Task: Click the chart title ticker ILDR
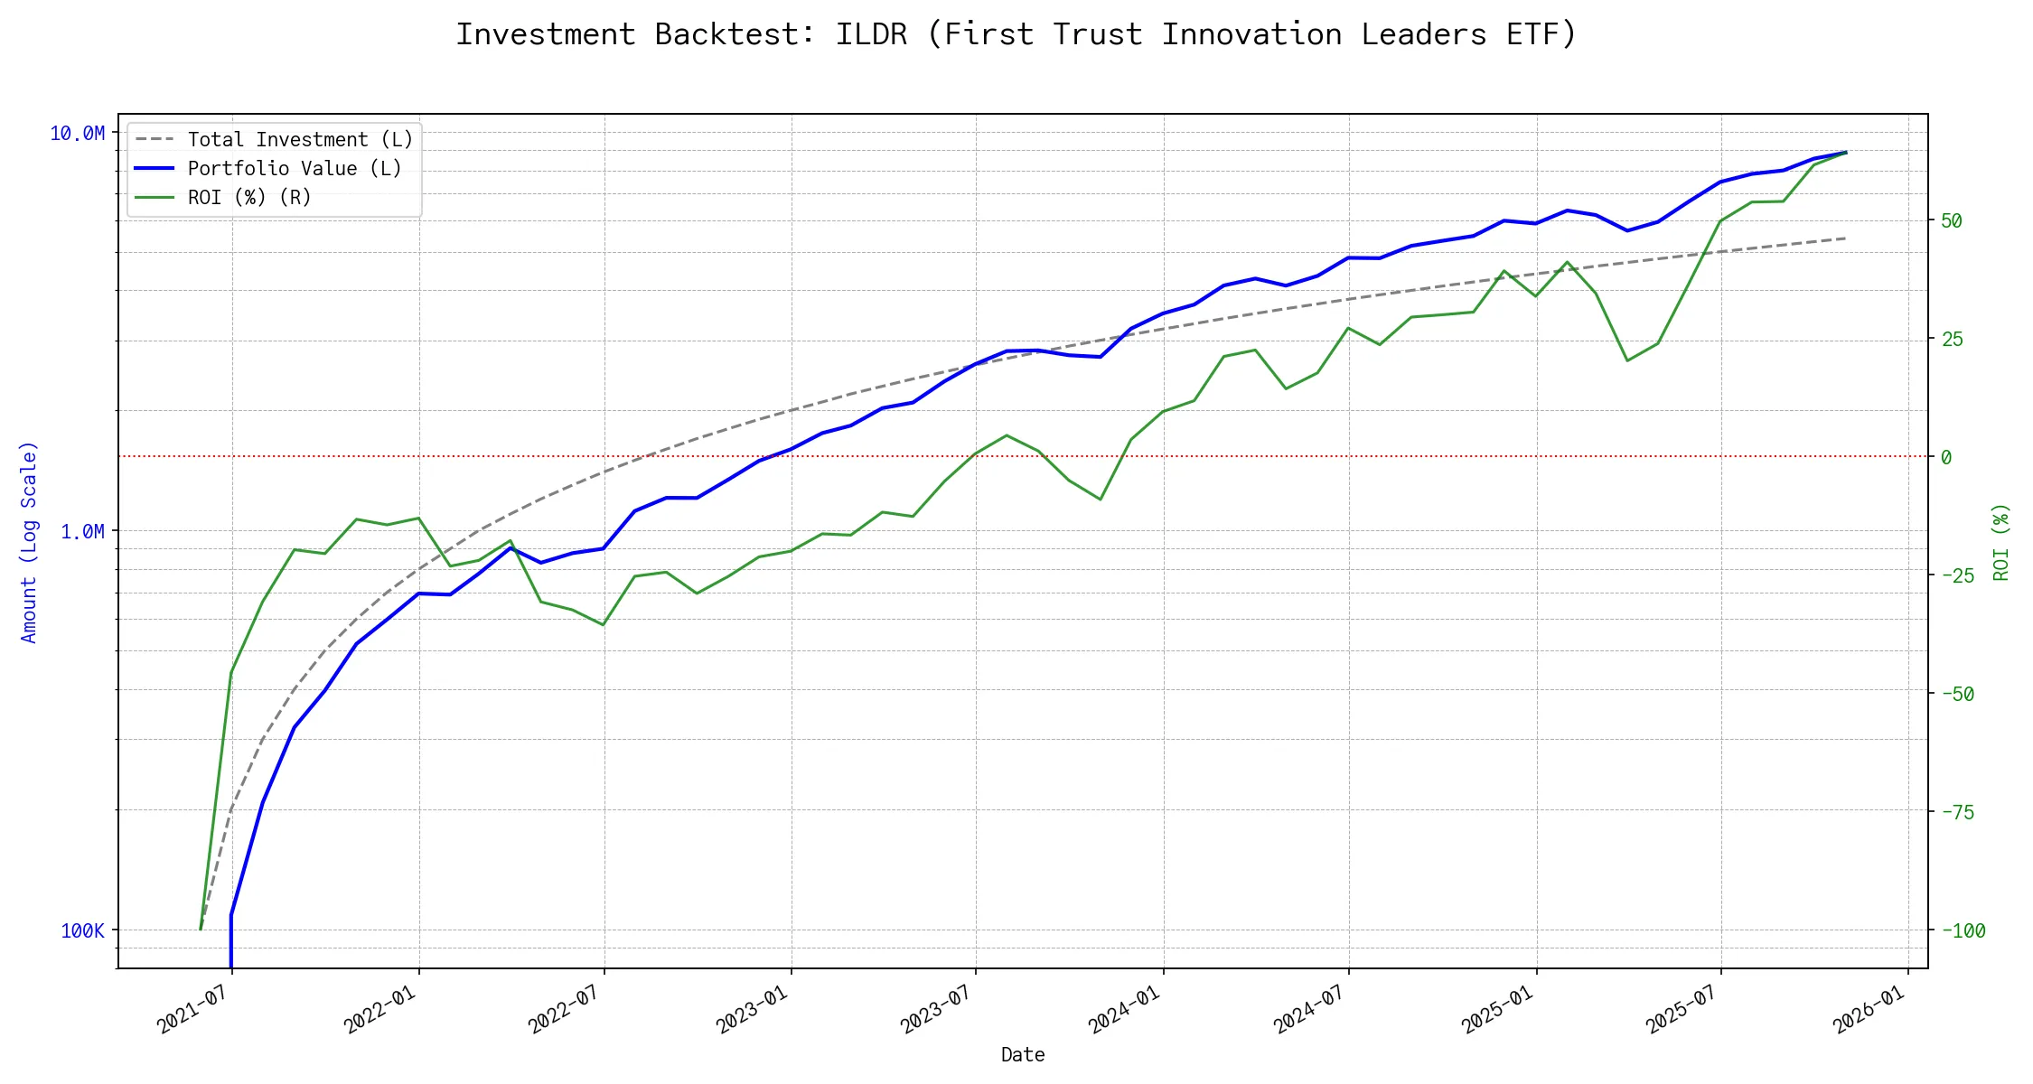coord(870,34)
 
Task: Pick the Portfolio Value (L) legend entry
coord(295,169)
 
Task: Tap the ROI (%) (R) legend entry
coord(249,198)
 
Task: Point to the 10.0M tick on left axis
coord(77,134)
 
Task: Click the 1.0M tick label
coord(82,531)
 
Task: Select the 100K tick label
coord(82,930)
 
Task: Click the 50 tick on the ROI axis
coord(1952,220)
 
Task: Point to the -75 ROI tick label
coord(1957,812)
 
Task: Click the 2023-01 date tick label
coord(752,1008)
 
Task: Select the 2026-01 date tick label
coord(1869,1008)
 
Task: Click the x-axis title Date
coord(1023,1055)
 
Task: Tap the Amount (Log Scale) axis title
coord(29,542)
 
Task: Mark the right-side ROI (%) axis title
coord(2001,542)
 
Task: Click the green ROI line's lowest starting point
coord(201,929)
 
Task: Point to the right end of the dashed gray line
coord(1845,238)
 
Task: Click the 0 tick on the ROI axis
coord(1946,457)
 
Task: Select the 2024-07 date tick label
coord(1309,1008)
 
